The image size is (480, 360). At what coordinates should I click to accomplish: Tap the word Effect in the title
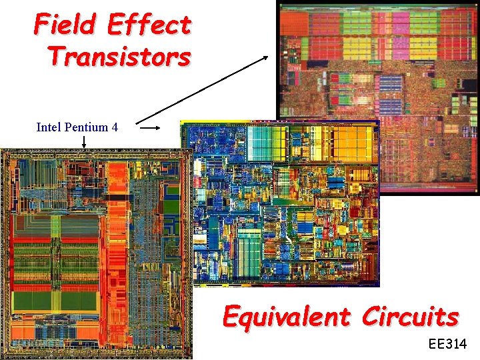[149, 25]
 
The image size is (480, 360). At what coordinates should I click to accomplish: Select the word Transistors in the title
[119, 56]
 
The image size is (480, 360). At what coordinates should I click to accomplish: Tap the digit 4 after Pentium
[115, 127]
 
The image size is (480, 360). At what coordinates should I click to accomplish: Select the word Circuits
[410, 316]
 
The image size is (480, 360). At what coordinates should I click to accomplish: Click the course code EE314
[449, 345]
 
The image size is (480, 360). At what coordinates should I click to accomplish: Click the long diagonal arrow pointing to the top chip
[203, 89]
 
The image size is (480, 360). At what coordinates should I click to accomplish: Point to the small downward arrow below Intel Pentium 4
[85, 141]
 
